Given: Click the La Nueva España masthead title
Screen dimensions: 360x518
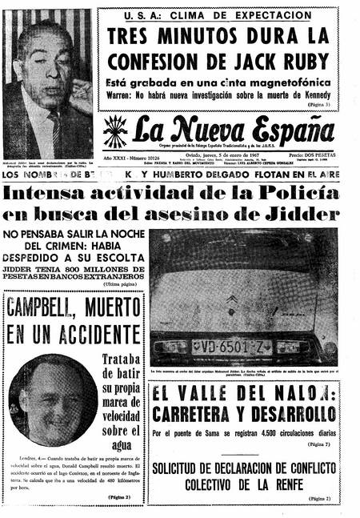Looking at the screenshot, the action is coord(232,131).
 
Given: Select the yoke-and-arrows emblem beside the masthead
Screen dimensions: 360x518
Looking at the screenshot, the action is coord(114,131).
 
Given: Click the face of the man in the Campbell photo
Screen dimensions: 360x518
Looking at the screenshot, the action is coord(50,400).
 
